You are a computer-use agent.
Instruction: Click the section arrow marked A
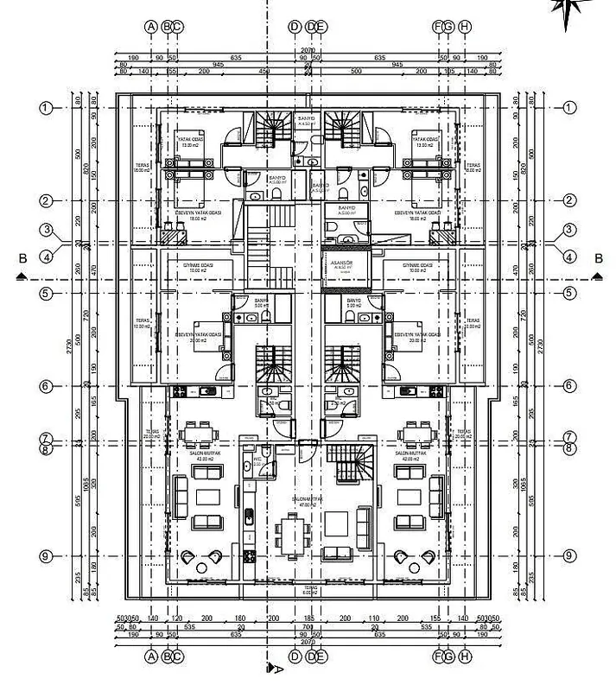(273, 667)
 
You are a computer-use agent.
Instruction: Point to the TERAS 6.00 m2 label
(308, 592)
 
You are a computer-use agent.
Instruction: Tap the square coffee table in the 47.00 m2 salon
(336, 523)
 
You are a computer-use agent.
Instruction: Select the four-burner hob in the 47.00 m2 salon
(250, 554)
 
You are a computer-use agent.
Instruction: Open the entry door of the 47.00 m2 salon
(306, 447)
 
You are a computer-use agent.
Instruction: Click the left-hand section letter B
(22, 258)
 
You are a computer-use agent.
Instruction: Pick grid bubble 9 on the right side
(569, 555)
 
